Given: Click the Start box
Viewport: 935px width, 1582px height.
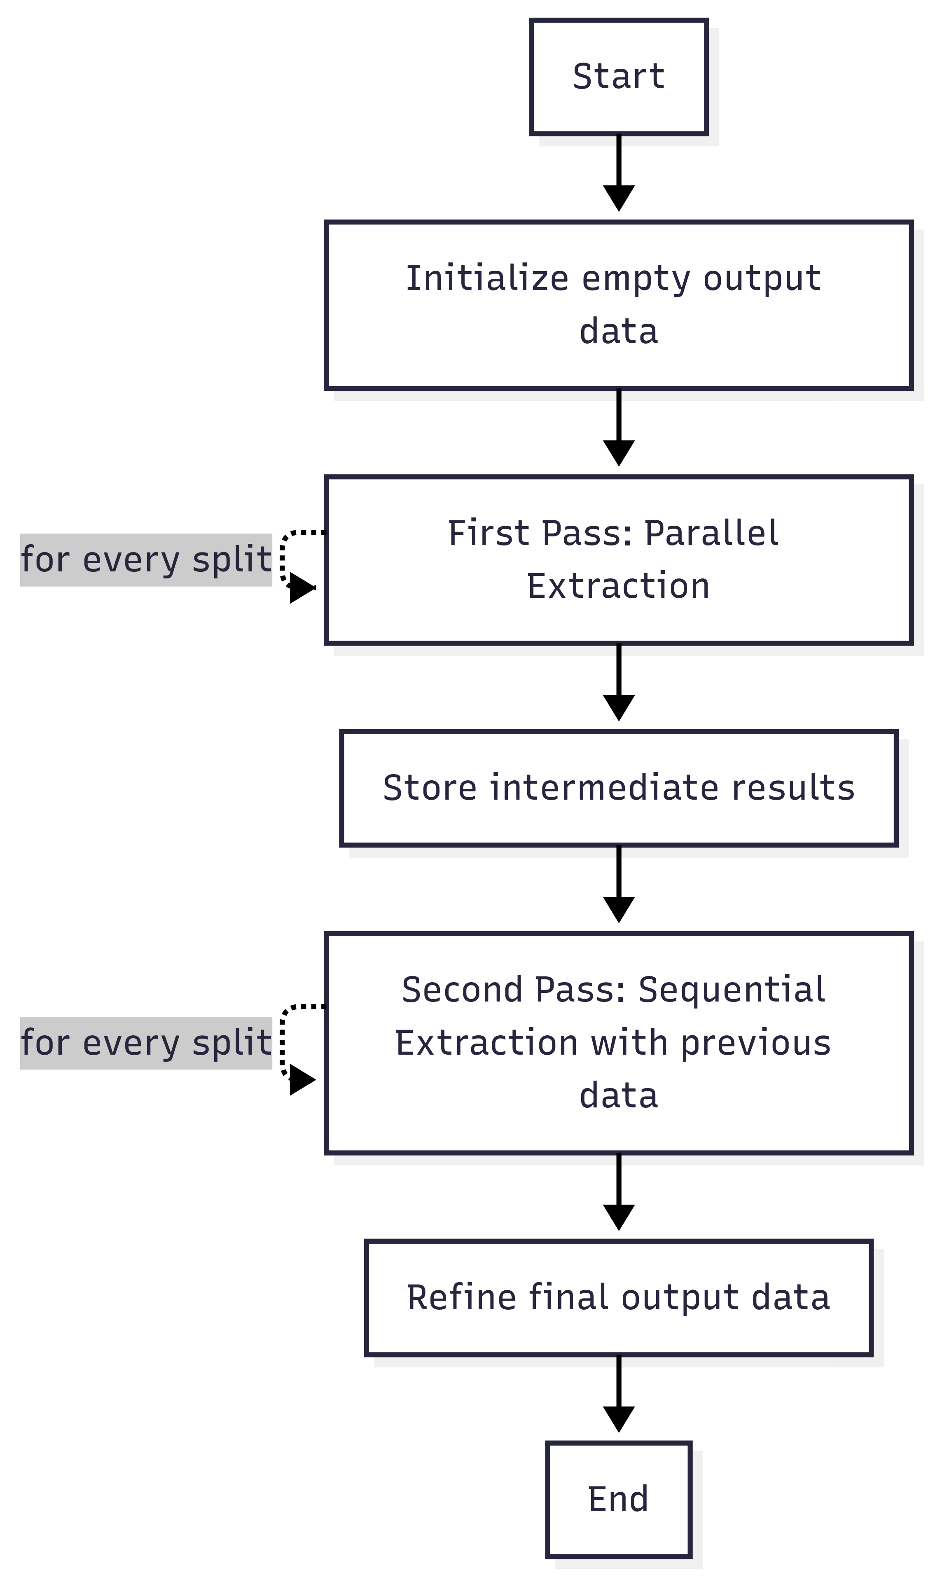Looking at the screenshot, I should pyautogui.click(x=618, y=77).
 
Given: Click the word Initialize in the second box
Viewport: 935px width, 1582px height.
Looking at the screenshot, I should pyautogui.click(x=486, y=278).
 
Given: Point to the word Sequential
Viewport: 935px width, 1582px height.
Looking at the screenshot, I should pyautogui.click(x=732, y=989).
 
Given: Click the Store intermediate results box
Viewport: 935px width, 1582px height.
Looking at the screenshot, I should pyautogui.click(x=618, y=788).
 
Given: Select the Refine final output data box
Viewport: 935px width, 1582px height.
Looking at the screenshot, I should pyautogui.click(x=618, y=1298).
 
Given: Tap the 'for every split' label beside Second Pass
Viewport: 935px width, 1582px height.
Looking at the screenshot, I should pyautogui.click(x=146, y=1043).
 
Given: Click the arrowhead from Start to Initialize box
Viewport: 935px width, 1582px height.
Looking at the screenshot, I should pyautogui.click(x=618, y=197).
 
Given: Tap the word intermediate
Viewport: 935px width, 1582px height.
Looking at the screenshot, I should pyautogui.click(x=604, y=788).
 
